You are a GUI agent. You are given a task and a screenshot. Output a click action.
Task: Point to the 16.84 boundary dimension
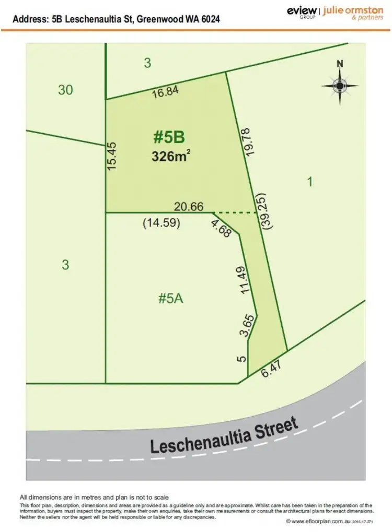click(x=166, y=92)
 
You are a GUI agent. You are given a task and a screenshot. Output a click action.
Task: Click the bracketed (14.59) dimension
click(x=162, y=223)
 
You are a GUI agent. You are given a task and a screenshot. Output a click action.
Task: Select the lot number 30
click(x=65, y=90)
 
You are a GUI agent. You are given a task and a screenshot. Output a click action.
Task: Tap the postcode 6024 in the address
click(x=207, y=19)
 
